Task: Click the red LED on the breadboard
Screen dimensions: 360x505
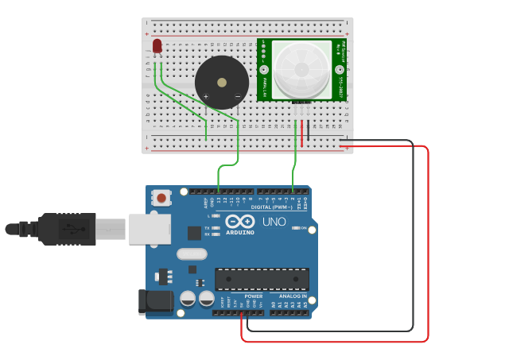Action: click(157, 46)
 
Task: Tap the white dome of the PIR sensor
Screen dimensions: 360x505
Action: click(301, 70)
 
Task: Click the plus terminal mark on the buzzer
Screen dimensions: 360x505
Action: click(206, 97)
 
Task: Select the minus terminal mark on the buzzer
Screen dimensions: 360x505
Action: click(237, 97)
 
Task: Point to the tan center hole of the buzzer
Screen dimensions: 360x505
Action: click(222, 81)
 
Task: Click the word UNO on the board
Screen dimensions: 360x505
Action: click(274, 223)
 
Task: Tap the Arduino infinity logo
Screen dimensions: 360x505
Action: click(239, 222)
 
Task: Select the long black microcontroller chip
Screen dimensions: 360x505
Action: click(262, 279)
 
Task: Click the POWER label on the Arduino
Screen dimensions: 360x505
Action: click(253, 296)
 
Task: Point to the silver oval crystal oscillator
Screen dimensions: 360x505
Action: click(192, 254)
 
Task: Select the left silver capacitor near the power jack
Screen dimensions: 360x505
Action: click(188, 299)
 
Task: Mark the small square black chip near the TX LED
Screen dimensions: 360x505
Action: click(195, 233)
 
